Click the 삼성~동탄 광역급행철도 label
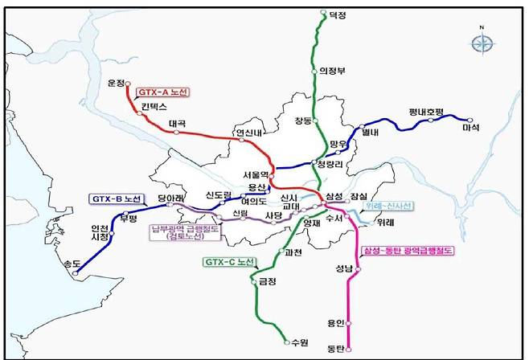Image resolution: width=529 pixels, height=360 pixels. pos(408,251)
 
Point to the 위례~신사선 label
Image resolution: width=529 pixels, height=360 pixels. pos(388,207)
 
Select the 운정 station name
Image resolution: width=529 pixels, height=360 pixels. pos(117,83)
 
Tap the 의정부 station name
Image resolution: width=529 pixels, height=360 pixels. pos(332,70)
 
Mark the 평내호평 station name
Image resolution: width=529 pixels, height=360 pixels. pos(425,112)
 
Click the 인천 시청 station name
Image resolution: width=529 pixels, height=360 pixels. pos(100,233)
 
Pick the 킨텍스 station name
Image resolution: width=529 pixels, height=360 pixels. pos(154,106)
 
